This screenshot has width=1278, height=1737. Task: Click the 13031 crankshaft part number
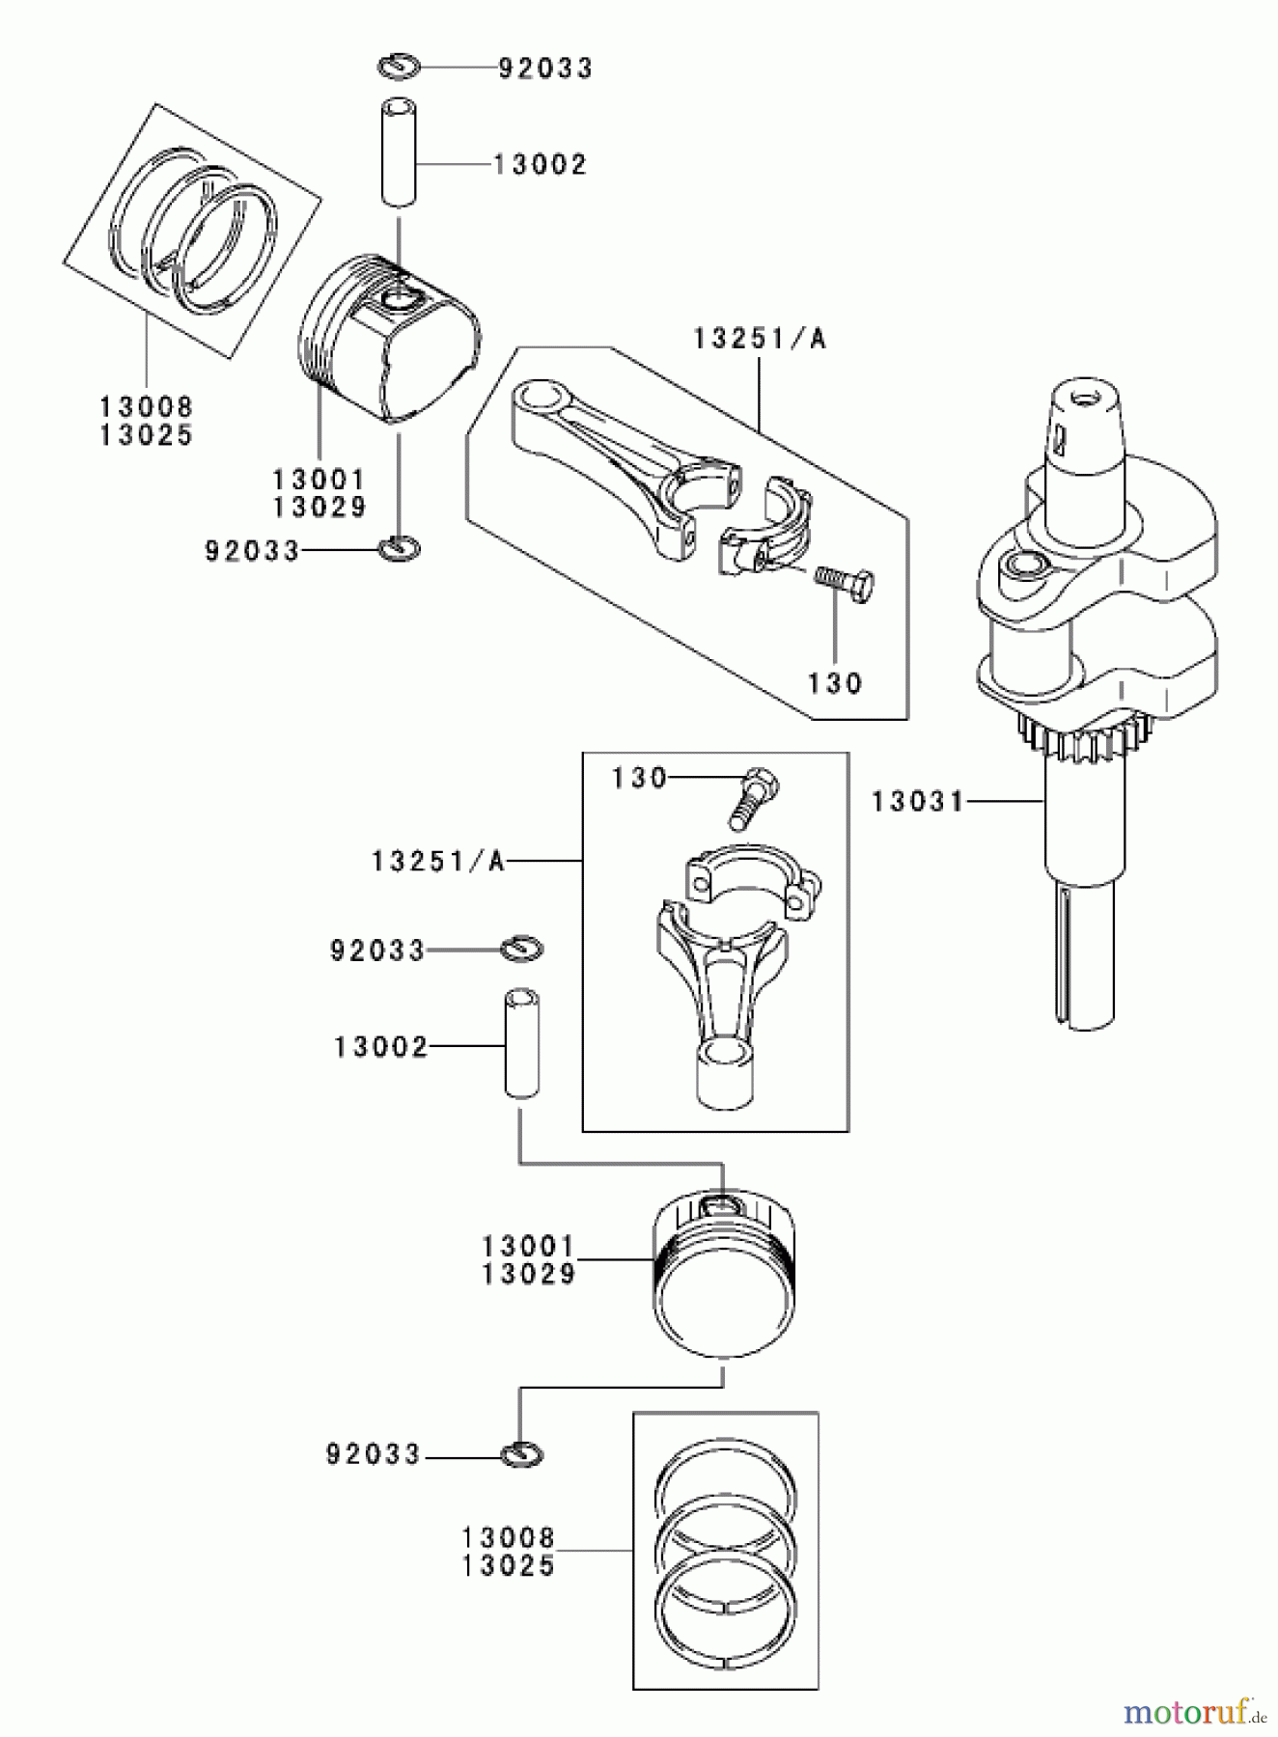tap(917, 801)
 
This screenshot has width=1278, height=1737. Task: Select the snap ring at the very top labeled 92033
tap(398, 67)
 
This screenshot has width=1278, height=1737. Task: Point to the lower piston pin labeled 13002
tap(520, 1042)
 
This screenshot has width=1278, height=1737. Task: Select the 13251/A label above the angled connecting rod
tap(760, 339)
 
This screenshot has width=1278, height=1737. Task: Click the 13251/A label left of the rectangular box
tap(438, 861)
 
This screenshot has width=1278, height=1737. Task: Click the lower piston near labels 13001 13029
tap(724, 1279)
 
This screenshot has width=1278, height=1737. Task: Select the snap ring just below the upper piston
tap(399, 549)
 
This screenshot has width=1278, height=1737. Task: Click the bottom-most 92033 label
tap(374, 1454)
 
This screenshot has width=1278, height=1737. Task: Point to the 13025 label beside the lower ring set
tap(509, 1565)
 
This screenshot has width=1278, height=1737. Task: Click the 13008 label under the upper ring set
tap(147, 407)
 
